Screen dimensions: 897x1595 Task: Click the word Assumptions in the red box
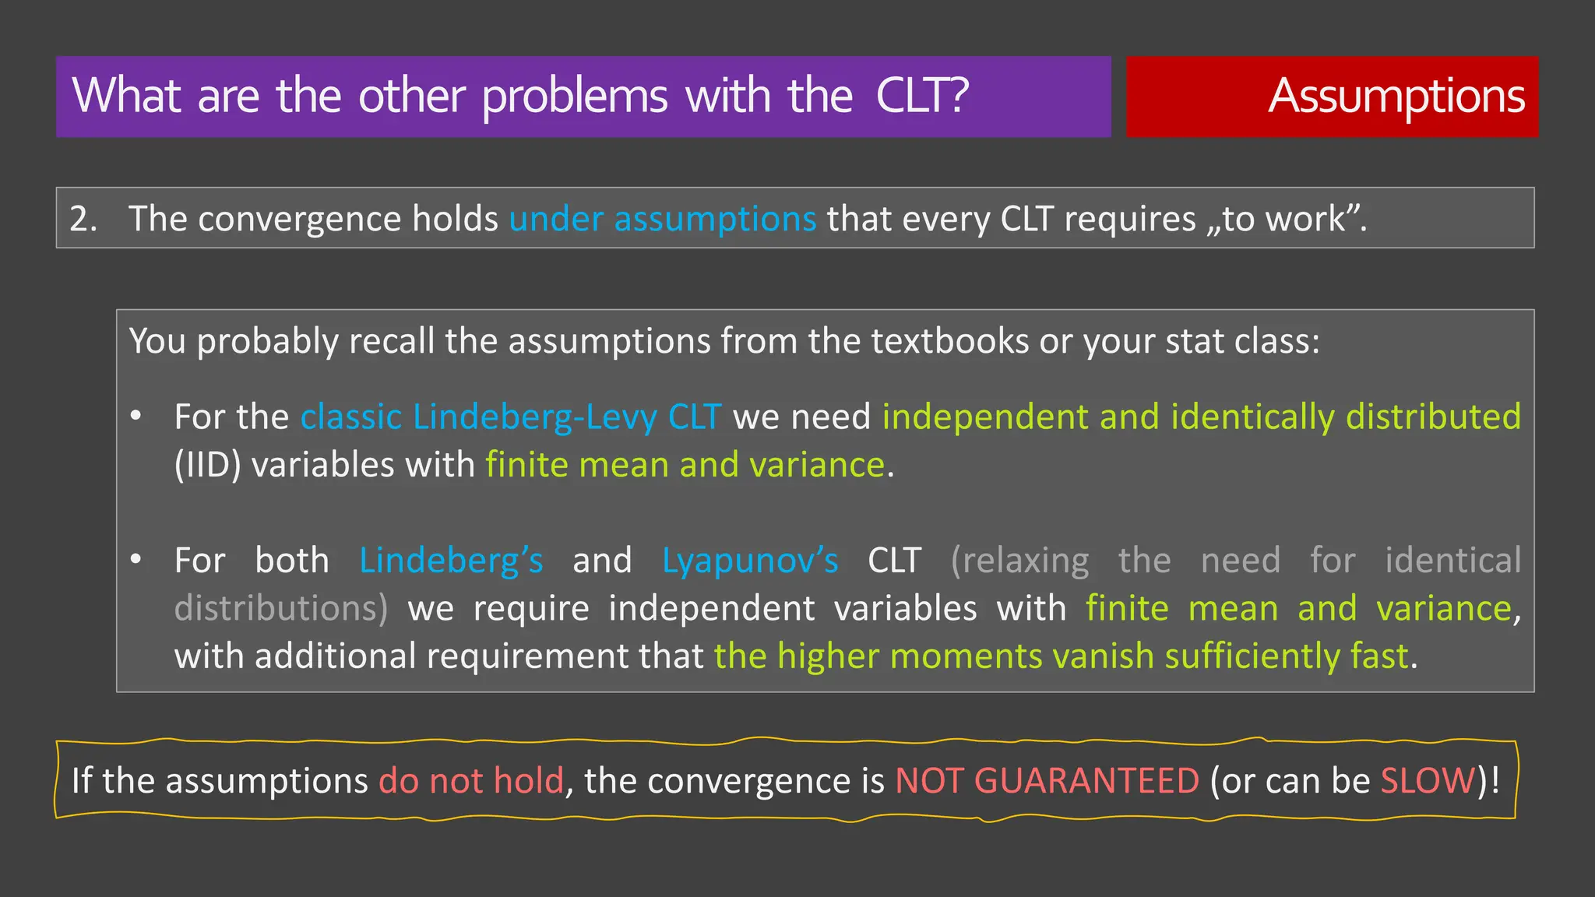[1396, 97]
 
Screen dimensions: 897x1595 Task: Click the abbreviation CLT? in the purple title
[922, 96]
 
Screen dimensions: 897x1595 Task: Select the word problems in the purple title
[575, 97]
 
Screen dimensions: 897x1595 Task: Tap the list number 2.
[82, 219]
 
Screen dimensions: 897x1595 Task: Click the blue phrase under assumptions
[662, 219]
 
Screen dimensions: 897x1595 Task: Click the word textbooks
[949, 341]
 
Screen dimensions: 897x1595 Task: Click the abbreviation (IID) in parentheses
[207, 466]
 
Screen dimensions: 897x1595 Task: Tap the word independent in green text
[984, 417]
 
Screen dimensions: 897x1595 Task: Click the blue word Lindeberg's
[451, 561]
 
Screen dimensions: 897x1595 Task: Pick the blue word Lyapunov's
[750, 561]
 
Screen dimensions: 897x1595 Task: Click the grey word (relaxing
[1019, 561]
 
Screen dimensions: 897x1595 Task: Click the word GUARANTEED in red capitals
[1086, 781]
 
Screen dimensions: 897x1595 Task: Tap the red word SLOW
[1428, 781]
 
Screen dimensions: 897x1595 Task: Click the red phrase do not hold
[471, 781]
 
